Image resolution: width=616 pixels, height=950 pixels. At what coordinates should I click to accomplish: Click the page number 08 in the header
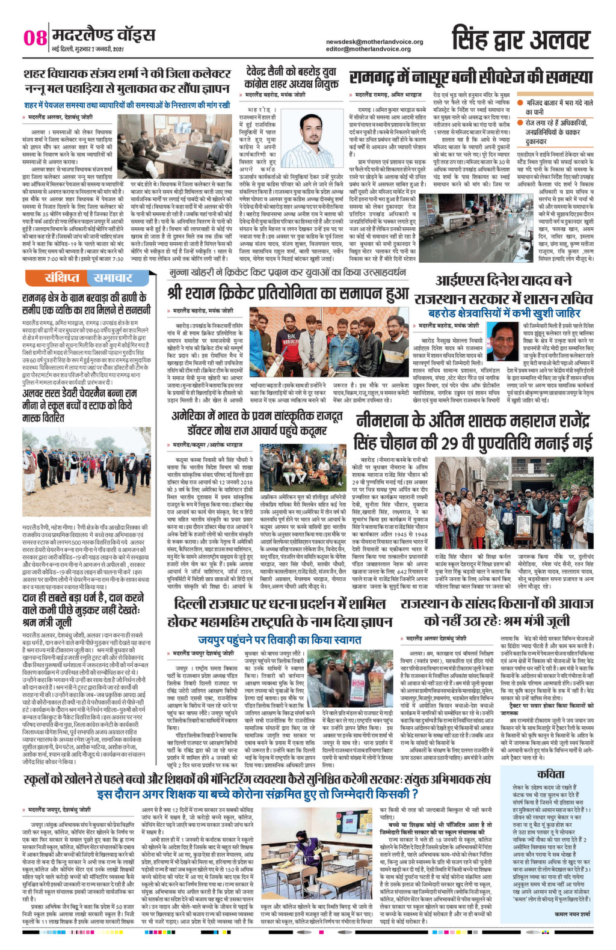click(35, 38)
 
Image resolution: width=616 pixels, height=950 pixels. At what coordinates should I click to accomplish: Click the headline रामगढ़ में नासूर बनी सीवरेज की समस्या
click(471, 78)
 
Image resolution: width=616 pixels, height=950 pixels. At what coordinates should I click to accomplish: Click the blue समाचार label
click(112, 278)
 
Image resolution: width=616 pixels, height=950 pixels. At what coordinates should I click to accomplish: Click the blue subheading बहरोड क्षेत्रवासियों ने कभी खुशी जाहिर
click(504, 313)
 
